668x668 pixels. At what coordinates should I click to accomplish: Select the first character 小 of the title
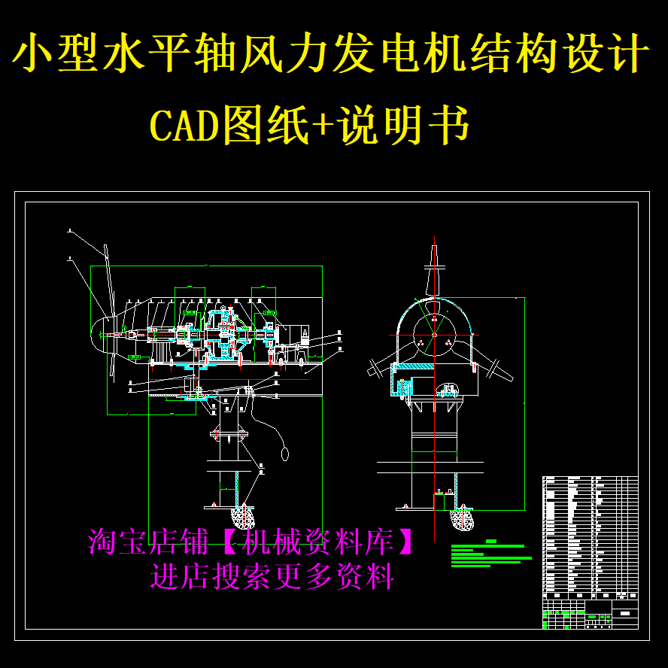coord(38,54)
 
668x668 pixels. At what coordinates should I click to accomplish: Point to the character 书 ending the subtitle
coord(449,125)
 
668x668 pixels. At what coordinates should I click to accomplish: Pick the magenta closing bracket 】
coord(407,541)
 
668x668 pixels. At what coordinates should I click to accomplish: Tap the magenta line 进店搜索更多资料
coord(272,577)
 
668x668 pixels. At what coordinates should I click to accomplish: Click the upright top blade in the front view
coord(433,267)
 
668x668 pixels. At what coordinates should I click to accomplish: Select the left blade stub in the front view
coord(379,367)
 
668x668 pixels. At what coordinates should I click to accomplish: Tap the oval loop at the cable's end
coord(285,454)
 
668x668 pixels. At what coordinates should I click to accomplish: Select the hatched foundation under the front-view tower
coord(460,518)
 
